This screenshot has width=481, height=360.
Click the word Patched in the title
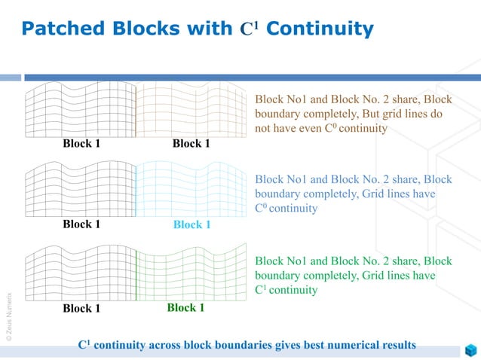tap(63, 29)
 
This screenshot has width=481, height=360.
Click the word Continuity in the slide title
tap(320, 29)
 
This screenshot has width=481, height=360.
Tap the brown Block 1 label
tap(191, 144)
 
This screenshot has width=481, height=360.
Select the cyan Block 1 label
tap(191, 224)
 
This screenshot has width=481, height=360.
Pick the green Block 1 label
tap(185, 307)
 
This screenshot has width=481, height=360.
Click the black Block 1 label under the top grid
tap(81, 144)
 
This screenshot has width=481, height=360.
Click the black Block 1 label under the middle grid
tap(81, 224)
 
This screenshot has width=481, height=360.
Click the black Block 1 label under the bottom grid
tap(81, 308)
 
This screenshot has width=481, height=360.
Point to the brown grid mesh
tap(191, 110)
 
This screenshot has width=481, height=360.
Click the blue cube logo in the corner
tap(470, 350)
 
